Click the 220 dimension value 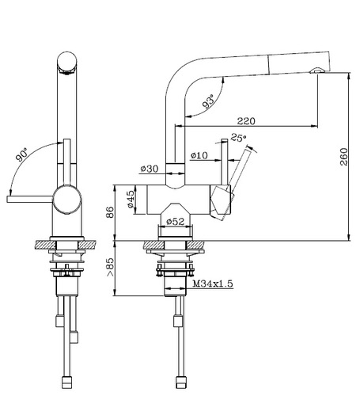point(246,121)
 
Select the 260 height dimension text point(344,157)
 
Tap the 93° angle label point(209,101)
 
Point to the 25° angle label point(238,138)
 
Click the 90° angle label point(21,154)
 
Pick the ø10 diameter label point(199,155)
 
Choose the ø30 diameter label point(150,169)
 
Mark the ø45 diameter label point(131,200)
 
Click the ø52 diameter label point(175,221)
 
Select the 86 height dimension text point(110,212)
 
